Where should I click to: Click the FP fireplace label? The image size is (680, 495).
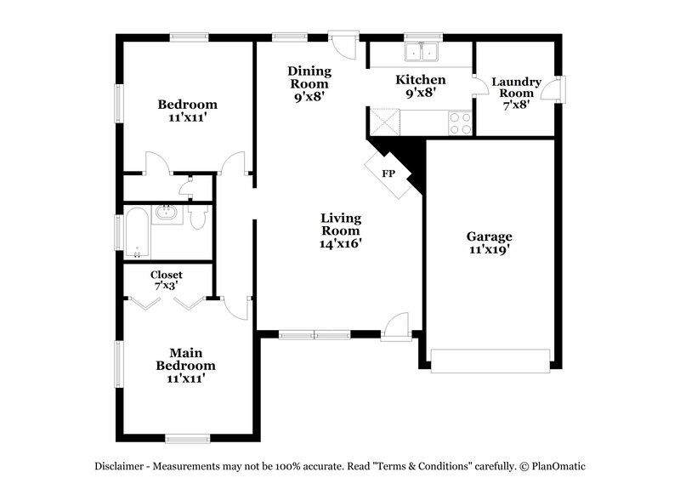pyautogui.click(x=388, y=174)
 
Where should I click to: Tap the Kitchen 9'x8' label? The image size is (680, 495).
pyautogui.click(x=421, y=87)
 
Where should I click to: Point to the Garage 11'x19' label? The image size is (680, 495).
pyautogui.click(x=490, y=243)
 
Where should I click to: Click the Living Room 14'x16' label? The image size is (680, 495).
pyautogui.click(x=340, y=230)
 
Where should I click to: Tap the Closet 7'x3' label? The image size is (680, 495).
pyautogui.click(x=167, y=281)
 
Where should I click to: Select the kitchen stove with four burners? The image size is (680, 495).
pyautogui.click(x=460, y=124)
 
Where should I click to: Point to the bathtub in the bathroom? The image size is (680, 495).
pyautogui.click(x=137, y=233)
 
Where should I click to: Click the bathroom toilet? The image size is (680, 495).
pyautogui.click(x=198, y=220)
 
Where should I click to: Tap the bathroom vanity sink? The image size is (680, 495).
pyautogui.click(x=167, y=213)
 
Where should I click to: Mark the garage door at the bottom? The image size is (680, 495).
pyautogui.click(x=490, y=361)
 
